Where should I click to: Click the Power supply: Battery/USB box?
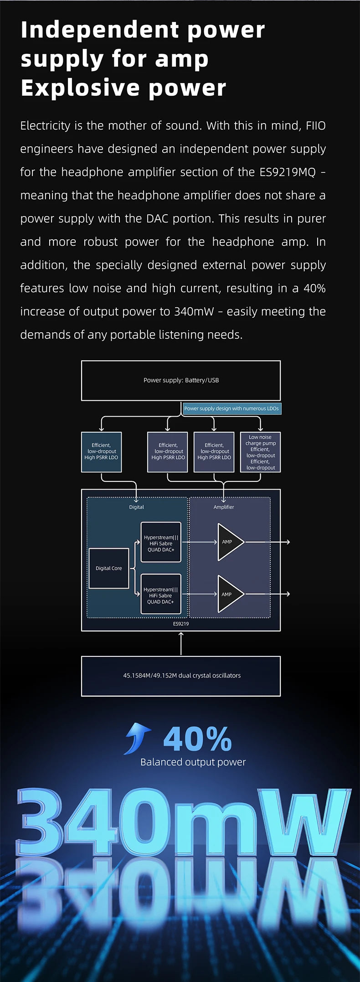[181, 381]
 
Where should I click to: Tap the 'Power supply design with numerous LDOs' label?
[231, 408]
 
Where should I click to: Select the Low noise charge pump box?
[260, 452]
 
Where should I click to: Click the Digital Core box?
[109, 569]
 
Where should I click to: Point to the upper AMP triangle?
[230, 542]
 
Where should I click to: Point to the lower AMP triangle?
[230, 594]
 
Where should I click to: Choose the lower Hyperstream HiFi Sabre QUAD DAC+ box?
[160, 595]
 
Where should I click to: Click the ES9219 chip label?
[181, 624]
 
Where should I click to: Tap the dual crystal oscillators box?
[181, 676]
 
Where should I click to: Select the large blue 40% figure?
[197, 739]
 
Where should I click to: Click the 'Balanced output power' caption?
[193, 762]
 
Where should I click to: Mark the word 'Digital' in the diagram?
[136, 507]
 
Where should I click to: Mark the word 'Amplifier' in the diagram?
[224, 507]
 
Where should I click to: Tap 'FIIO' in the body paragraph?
[315, 126]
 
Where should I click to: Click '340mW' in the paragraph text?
[194, 312]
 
